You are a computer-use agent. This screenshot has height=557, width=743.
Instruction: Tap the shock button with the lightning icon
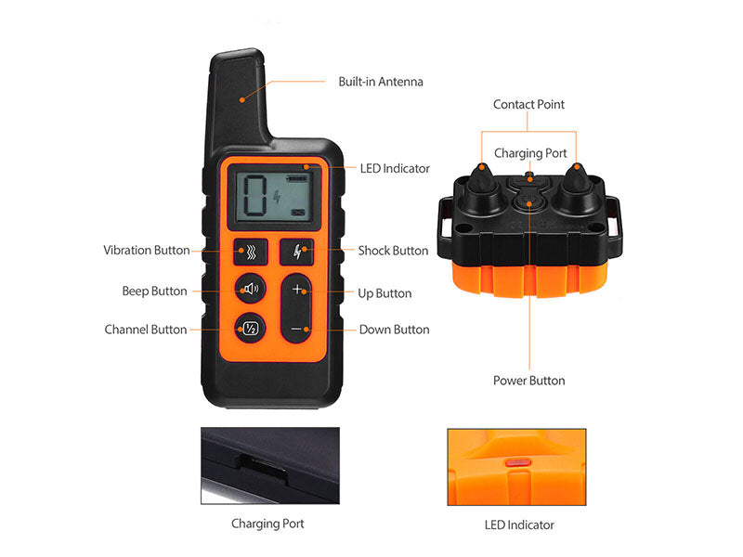tap(297, 251)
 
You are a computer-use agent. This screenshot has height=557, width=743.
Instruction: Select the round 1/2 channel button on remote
tap(250, 328)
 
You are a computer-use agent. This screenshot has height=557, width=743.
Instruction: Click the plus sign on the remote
tap(297, 291)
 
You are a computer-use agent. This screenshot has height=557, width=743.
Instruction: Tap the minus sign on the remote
tap(297, 329)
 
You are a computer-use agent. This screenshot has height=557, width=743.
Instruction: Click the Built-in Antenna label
tap(380, 82)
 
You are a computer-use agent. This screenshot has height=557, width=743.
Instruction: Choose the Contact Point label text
tap(528, 105)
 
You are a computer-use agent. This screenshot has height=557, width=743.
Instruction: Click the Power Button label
tap(528, 381)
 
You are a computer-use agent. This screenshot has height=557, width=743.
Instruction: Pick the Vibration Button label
tap(146, 251)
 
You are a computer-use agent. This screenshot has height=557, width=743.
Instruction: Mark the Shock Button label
tap(393, 251)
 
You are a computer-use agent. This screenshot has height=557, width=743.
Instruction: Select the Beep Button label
tap(154, 291)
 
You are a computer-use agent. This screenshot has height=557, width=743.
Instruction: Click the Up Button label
tap(385, 293)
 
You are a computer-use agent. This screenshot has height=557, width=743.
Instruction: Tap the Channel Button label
tap(145, 330)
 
